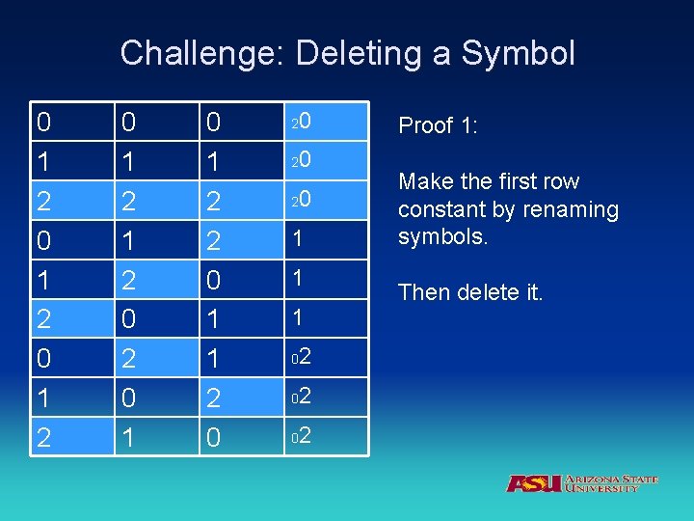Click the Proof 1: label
tap(440, 125)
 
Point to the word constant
tap(440, 209)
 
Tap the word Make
tap(422, 181)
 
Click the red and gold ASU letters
tap(534, 483)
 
